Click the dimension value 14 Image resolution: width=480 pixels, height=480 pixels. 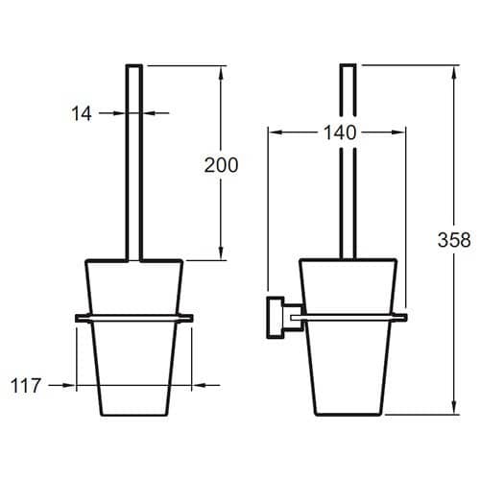(82, 113)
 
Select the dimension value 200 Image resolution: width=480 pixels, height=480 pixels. (221, 165)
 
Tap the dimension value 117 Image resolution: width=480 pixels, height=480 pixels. (26, 385)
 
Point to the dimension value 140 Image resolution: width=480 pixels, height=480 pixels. (340, 132)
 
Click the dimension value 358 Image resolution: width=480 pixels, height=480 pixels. (454, 240)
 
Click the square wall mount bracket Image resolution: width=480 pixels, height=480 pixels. (276, 317)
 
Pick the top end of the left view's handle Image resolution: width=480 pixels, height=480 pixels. (133, 65)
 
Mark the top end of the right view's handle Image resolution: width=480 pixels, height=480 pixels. (348, 65)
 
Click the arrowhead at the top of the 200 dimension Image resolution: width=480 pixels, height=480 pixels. (221, 73)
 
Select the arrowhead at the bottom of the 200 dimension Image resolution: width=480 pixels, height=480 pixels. (221, 252)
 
